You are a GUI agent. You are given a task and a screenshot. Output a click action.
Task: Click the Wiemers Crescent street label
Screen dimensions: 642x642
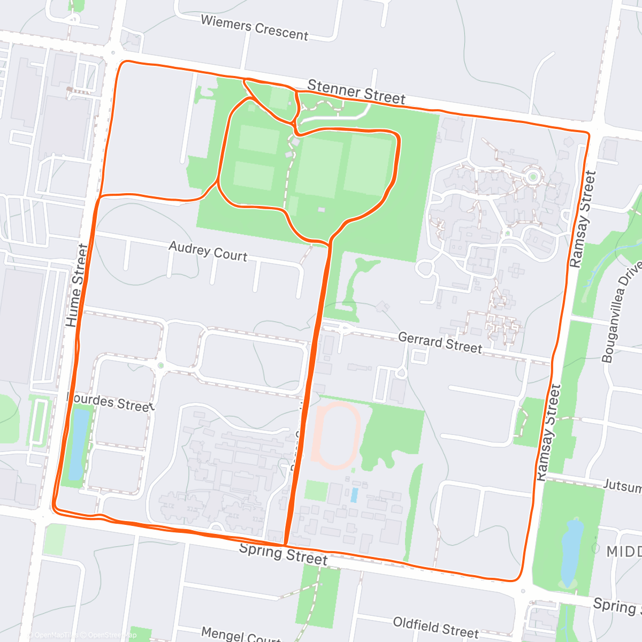[x=254, y=27]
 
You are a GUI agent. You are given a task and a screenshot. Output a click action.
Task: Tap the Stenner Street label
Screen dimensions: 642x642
[x=356, y=92]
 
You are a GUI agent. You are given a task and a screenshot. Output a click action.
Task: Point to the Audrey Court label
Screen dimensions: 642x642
[x=208, y=251]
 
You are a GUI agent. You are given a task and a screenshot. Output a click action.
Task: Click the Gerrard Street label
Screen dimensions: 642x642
[x=440, y=342]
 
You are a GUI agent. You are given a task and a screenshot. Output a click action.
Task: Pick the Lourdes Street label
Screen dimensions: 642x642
[x=111, y=402]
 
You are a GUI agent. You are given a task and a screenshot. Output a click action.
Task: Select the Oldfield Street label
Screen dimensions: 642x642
[x=435, y=628]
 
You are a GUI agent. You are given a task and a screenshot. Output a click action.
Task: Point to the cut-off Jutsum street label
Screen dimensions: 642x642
[x=622, y=486]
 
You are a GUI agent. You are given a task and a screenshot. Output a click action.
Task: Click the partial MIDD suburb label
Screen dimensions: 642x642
[x=624, y=551]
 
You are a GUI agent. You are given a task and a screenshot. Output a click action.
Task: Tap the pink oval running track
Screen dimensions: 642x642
[x=335, y=437]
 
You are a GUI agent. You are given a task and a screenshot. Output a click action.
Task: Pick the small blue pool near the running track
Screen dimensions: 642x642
[x=354, y=495]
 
